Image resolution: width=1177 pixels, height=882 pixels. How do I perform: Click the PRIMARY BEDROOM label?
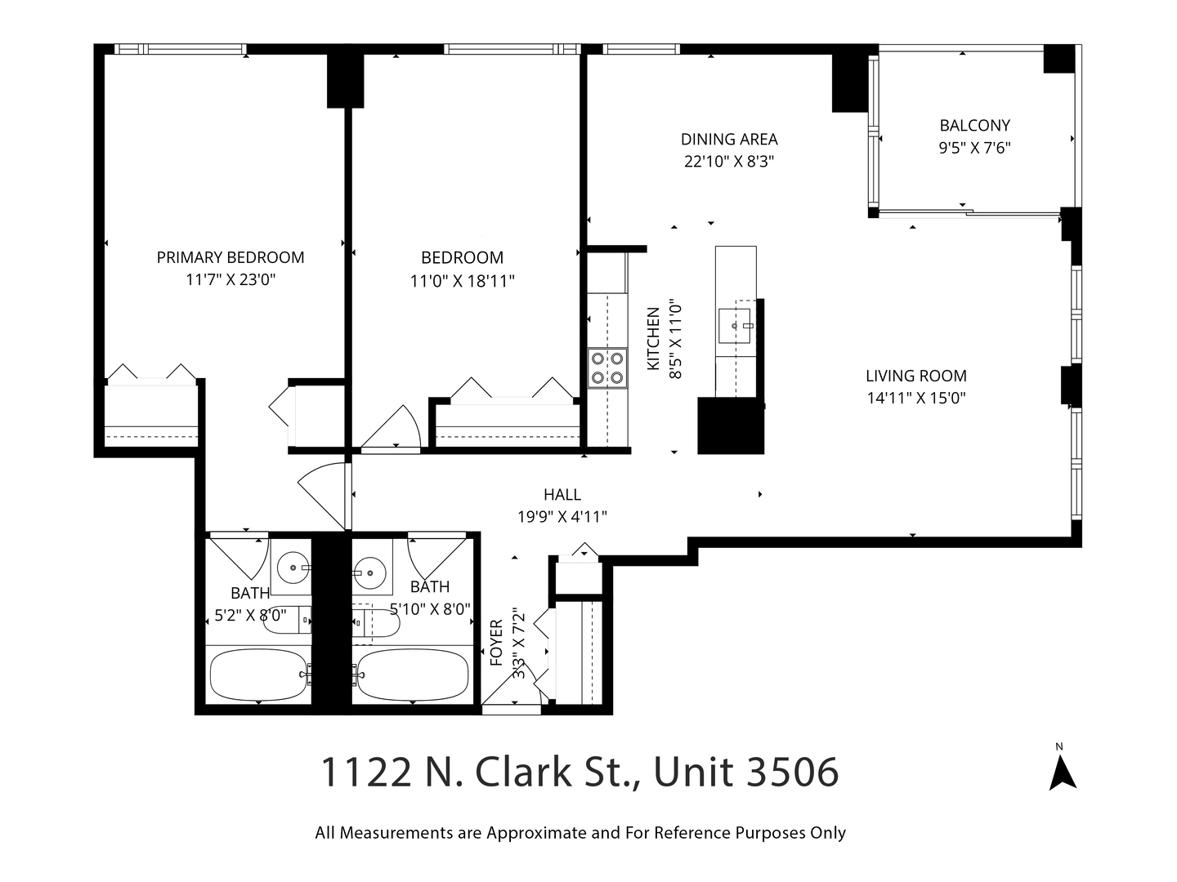tap(230, 257)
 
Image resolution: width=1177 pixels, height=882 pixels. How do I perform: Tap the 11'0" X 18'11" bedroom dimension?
tap(462, 281)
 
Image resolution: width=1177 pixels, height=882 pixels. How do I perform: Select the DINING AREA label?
tap(729, 139)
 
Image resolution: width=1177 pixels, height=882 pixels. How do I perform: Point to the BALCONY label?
tap(974, 126)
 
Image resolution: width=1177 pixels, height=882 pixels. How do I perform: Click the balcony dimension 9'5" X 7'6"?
tap(974, 149)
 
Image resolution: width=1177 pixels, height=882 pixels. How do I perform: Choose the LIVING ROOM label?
tap(915, 376)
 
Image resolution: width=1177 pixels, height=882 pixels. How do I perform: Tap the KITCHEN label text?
tap(653, 339)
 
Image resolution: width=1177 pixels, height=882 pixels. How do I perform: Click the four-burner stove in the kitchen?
tap(607, 367)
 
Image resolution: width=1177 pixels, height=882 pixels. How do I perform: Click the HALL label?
tap(562, 494)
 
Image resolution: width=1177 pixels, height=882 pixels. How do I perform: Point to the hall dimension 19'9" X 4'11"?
tap(562, 517)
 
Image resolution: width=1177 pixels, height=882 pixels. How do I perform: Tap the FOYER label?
tap(496, 644)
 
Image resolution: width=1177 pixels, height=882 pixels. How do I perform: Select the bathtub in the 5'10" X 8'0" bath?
tap(414, 675)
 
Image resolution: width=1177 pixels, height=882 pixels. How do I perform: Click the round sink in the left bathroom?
tap(290, 565)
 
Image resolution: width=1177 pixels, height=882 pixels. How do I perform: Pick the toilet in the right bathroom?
tap(378, 623)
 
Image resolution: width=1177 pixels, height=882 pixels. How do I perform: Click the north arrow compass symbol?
tap(1062, 772)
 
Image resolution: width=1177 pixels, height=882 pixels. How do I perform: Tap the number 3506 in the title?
tap(792, 772)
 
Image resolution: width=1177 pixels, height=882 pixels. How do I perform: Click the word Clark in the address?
tap(520, 772)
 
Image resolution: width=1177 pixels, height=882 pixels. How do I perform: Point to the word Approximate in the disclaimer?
tap(536, 833)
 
